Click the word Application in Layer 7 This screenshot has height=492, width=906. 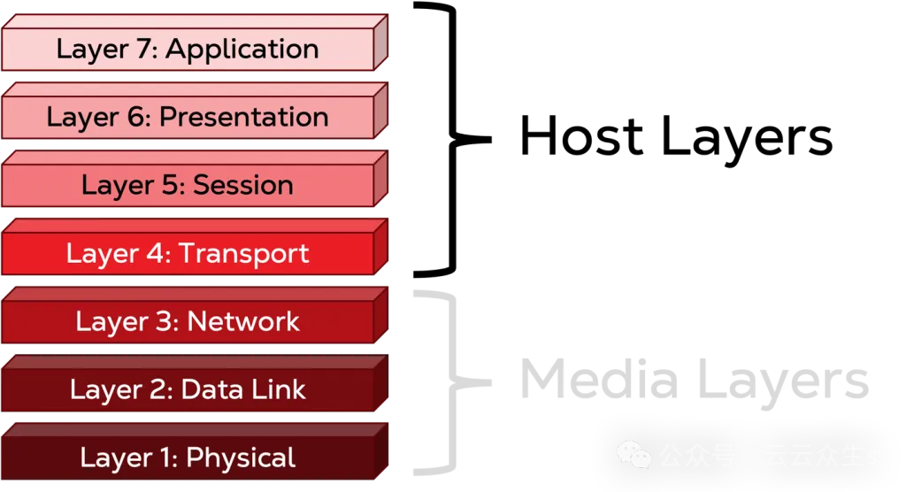pyautogui.click(x=242, y=50)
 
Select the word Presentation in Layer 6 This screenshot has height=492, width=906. pyautogui.click(x=243, y=117)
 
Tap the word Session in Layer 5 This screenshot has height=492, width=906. pyautogui.click(x=242, y=185)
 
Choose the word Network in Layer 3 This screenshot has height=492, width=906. pyautogui.click(x=243, y=321)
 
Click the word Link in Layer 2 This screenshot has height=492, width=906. pyautogui.click(x=276, y=389)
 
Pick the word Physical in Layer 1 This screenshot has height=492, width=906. pyautogui.click(x=241, y=457)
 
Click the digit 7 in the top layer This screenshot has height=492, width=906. pyautogui.click(x=142, y=50)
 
